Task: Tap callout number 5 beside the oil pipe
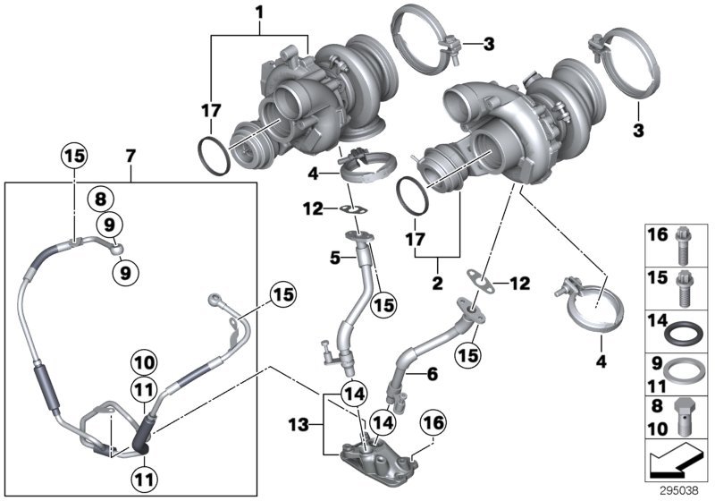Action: [x=333, y=258]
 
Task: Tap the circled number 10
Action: [x=144, y=363]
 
